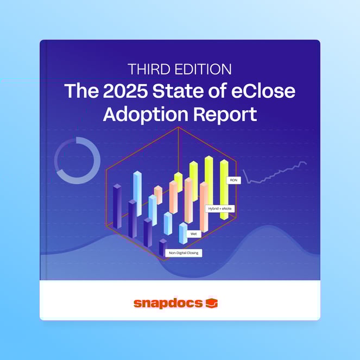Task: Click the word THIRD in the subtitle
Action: (x=146, y=70)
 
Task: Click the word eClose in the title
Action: (x=268, y=91)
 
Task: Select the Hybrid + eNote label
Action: (x=221, y=209)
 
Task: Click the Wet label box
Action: (x=193, y=233)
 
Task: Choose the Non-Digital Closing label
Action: (x=184, y=253)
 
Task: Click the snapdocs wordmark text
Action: (x=168, y=303)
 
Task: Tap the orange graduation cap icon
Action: (x=212, y=303)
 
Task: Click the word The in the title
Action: (x=78, y=91)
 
